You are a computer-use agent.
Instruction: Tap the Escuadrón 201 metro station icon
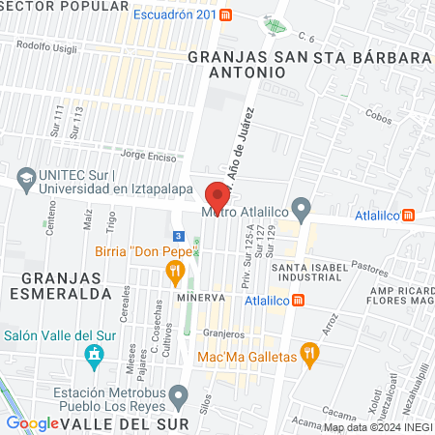point(225,15)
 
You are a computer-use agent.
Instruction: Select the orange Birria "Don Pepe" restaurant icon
point(175,274)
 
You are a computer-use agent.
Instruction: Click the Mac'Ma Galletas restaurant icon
point(309,354)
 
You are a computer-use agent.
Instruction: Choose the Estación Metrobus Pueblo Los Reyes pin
point(179,394)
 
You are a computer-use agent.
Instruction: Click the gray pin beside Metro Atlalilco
point(302,207)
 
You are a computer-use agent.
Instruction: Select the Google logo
point(33,422)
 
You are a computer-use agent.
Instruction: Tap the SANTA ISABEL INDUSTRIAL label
point(306,273)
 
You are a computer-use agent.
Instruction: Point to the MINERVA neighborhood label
point(201,298)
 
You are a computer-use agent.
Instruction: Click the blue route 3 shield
point(178,235)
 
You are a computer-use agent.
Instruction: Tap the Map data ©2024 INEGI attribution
point(377,427)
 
